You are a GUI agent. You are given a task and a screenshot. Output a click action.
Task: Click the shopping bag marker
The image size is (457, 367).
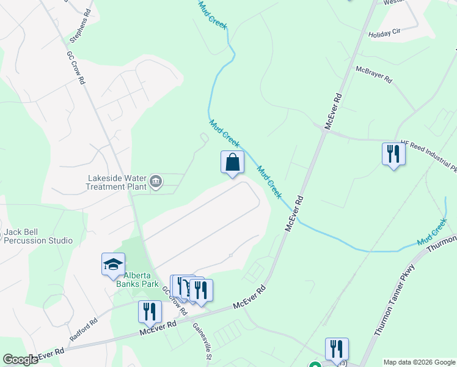232,163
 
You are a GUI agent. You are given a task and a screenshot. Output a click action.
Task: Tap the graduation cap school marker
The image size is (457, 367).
113,265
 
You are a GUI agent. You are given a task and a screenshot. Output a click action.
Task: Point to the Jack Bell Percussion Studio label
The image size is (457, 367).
38,236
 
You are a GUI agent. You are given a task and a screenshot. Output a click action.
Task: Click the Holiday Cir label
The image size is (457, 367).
384,34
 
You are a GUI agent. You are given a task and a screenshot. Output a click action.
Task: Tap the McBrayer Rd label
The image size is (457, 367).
374,75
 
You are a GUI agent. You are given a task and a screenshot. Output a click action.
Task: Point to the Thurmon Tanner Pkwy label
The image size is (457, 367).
395,299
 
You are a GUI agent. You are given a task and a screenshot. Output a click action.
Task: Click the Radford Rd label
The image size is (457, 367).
83,330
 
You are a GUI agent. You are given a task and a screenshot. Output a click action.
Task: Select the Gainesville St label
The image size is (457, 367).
202,342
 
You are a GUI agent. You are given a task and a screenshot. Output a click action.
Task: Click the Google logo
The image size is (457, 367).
20,360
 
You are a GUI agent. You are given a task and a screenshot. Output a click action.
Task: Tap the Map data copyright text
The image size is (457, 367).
419,362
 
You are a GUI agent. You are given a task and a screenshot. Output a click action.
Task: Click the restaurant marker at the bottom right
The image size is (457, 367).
337,349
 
